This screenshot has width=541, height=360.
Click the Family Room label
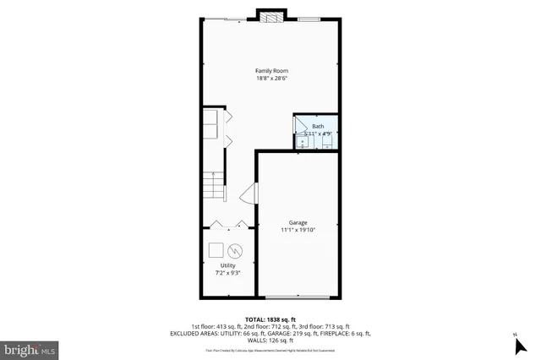tap(270, 70)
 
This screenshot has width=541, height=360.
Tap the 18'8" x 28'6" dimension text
tap(270, 79)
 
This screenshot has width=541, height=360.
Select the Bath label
tap(318, 126)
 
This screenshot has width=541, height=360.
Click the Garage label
tap(298, 222)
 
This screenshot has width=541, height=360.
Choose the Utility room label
tap(228, 265)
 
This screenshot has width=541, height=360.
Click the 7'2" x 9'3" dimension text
tap(228, 273)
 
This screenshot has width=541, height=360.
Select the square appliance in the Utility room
tap(216, 249)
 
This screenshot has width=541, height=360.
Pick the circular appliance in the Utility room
tap(236, 250)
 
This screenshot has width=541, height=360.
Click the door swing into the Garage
tap(248, 197)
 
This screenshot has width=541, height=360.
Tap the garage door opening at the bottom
tap(298, 297)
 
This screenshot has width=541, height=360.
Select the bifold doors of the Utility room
tap(228, 224)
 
